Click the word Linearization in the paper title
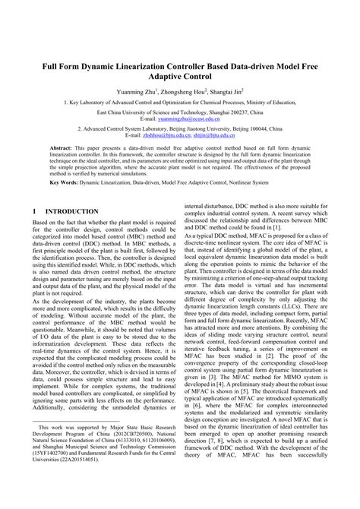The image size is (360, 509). (x=146, y=66)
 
